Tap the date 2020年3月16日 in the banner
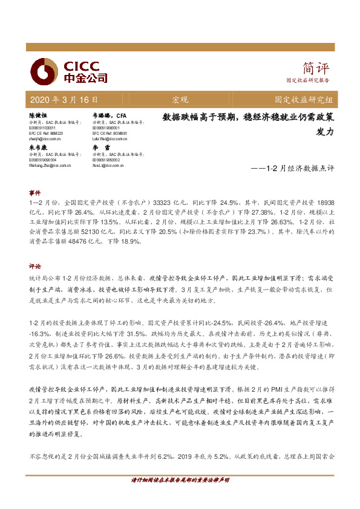pyautogui.click(x=62, y=99)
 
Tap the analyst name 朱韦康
pyautogui.click(x=38, y=147)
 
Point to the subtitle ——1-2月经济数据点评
pyautogui.click(x=292, y=169)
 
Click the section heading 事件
pyautogui.click(x=34, y=192)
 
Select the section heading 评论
pyautogui.click(x=34, y=265)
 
